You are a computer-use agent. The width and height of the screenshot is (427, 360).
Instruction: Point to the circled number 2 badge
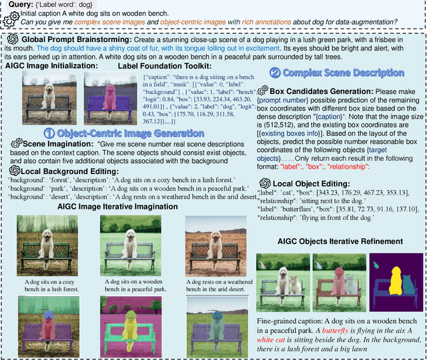tap(275, 73)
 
